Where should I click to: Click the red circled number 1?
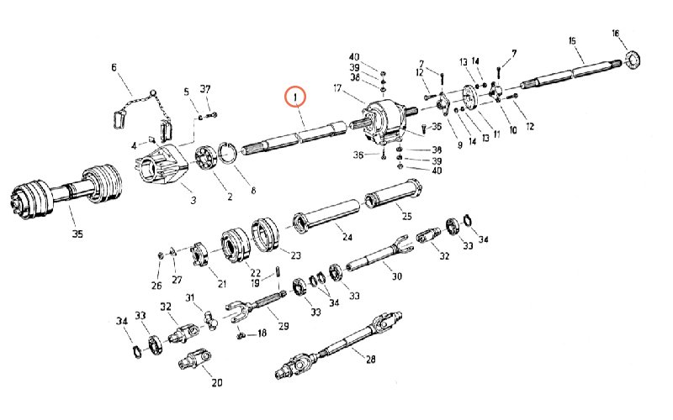(x=295, y=97)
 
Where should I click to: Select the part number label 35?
(x=77, y=234)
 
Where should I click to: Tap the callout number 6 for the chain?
(x=114, y=68)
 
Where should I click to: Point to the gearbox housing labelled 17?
(x=384, y=121)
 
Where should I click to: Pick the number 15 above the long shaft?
(x=572, y=40)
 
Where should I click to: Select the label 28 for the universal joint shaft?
(x=370, y=359)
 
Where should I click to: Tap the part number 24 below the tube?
(x=347, y=237)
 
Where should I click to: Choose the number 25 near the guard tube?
(x=406, y=216)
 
